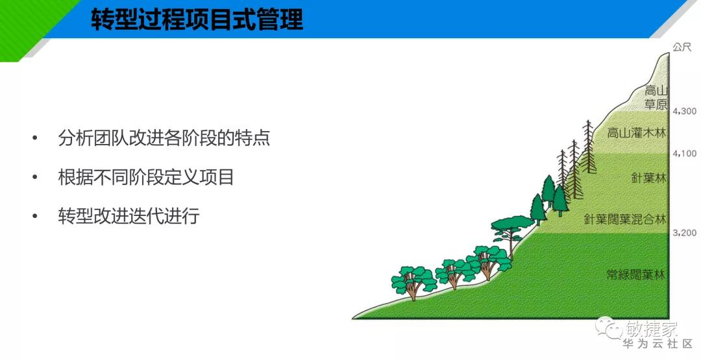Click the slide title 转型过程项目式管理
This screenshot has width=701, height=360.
tap(197, 20)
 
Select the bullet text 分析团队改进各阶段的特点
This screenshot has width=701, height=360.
tap(164, 138)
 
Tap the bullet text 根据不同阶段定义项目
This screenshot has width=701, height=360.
tap(146, 177)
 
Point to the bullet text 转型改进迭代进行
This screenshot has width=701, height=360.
tap(129, 216)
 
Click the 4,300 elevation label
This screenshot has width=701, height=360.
tap(685, 111)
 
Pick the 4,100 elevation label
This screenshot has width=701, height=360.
tap(685, 154)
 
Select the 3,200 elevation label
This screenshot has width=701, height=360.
tap(685, 233)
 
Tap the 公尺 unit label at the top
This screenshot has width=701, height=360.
tap(682, 47)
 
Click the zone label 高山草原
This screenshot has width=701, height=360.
tap(656, 97)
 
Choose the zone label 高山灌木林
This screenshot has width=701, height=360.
tap(636, 133)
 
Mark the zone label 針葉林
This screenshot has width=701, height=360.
tap(648, 178)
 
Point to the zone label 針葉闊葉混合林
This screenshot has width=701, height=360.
tap(625, 219)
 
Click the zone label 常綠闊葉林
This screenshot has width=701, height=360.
tap(635, 274)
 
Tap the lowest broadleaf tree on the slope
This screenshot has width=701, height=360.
tap(413, 282)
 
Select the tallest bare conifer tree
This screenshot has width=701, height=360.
tap(589, 147)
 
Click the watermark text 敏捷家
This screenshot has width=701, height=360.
tap(652, 329)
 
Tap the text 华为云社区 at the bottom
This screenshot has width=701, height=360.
tap(658, 344)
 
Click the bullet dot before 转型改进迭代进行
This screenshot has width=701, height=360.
tap(35, 216)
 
